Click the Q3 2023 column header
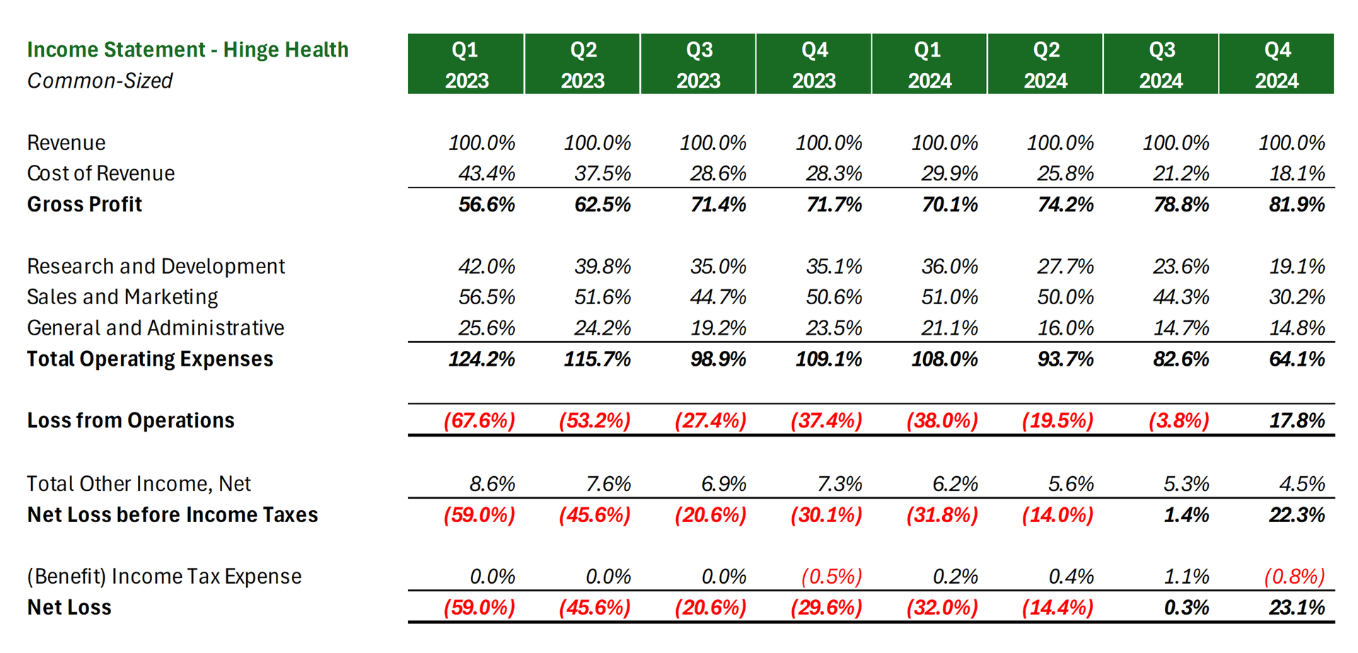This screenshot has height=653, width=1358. [x=698, y=64]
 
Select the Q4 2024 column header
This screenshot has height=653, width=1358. [x=1277, y=64]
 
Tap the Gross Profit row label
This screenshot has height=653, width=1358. [x=85, y=204]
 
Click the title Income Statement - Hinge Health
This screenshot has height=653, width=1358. [x=187, y=50]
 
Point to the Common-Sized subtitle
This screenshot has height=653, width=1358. [x=100, y=81]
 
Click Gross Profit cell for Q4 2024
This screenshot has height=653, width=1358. [x=1296, y=204]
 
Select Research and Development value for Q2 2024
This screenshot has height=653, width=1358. [x=1065, y=267]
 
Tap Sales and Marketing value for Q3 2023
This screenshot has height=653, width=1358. [x=718, y=297]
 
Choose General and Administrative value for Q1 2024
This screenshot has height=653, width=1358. [x=949, y=328]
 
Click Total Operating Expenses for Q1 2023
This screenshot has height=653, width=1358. [x=482, y=359]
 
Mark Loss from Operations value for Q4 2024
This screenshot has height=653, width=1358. [x=1296, y=421]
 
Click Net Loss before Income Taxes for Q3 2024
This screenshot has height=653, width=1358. [x=1186, y=515]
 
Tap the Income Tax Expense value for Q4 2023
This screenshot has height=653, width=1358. [x=832, y=577]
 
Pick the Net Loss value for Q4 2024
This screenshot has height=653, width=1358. [x=1296, y=608]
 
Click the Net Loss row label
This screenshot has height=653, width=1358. [x=69, y=608]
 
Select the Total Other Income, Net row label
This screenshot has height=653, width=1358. [x=139, y=484]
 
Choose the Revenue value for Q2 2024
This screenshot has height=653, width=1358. [x=1060, y=143]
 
